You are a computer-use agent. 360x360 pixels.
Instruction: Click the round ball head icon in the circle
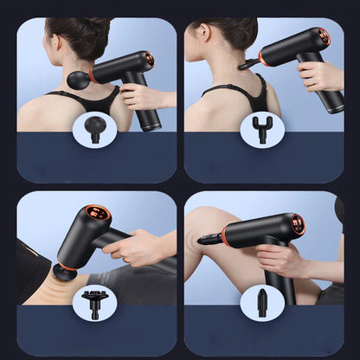pos(95,131)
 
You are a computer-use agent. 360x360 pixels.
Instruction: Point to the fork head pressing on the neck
pos(249,62)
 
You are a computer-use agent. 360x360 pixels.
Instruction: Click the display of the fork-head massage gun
pos(325,37)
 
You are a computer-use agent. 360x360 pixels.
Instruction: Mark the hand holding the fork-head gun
pos(320,76)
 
